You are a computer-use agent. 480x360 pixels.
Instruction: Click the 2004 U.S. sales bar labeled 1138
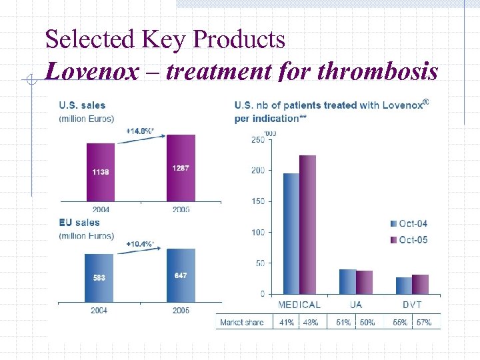click(101, 172)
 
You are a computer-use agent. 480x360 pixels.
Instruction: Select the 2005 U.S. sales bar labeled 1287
click(181, 168)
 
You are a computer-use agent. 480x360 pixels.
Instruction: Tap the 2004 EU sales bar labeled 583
click(99, 277)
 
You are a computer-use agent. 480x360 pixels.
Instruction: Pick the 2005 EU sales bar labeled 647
click(181, 275)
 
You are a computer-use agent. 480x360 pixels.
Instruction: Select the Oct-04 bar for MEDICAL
click(291, 233)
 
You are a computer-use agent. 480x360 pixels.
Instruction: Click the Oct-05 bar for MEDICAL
click(307, 225)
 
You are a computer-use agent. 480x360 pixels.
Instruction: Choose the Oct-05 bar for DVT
click(420, 284)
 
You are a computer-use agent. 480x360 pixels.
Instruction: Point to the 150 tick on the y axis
click(257, 201)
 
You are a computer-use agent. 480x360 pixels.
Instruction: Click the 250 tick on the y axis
click(257, 139)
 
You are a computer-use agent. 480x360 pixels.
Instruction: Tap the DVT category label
click(411, 305)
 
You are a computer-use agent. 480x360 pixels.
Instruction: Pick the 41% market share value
click(287, 322)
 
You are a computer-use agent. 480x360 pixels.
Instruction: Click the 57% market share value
click(423, 322)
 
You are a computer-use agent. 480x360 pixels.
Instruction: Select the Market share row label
click(241, 322)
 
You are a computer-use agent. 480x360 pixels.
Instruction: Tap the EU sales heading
click(79, 223)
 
